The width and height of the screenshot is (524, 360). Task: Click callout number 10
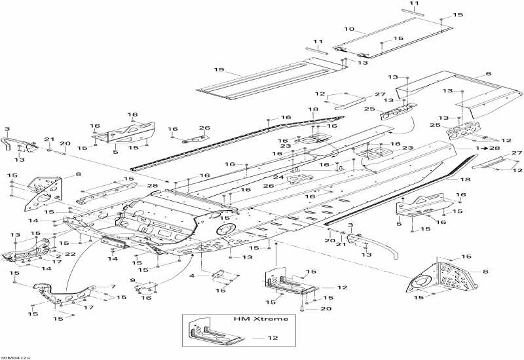[x=349, y=29]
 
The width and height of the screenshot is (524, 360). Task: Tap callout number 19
[x=219, y=70]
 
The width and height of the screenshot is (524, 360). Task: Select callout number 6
[x=489, y=73]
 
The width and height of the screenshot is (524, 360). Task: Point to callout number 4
[x=192, y=276]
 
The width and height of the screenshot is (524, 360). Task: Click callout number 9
[x=133, y=281]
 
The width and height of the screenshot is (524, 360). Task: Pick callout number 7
[x=113, y=287]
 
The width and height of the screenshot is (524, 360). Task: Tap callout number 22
[x=70, y=254]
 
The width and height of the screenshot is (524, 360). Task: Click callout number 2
[x=58, y=257]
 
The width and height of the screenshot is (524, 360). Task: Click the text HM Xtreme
[x=261, y=319]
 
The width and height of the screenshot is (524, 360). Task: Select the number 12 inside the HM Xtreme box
[x=272, y=338]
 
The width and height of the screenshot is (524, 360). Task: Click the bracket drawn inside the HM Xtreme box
[x=214, y=333]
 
